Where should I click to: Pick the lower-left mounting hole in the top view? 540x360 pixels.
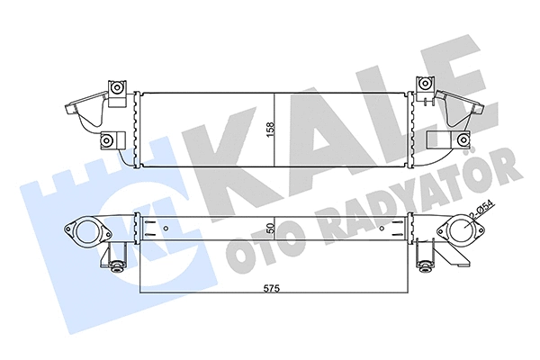click(108, 140)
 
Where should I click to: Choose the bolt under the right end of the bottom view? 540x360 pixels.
click(423, 265)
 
